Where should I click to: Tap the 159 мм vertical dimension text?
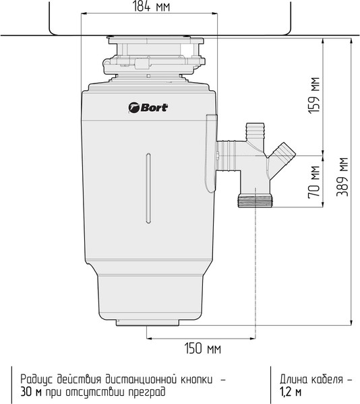[313, 96]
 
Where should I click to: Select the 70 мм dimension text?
[313, 181]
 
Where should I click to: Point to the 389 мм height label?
[343, 177]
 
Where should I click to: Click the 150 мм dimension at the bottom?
[202, 349]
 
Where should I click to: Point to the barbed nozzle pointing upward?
[255, 130]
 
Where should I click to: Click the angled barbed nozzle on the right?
[286, 152]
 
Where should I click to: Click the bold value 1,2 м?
[291, 391]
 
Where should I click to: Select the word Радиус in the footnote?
[38, 378]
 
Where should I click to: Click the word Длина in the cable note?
[294, 378]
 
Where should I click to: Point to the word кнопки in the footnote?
[197, 378]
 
